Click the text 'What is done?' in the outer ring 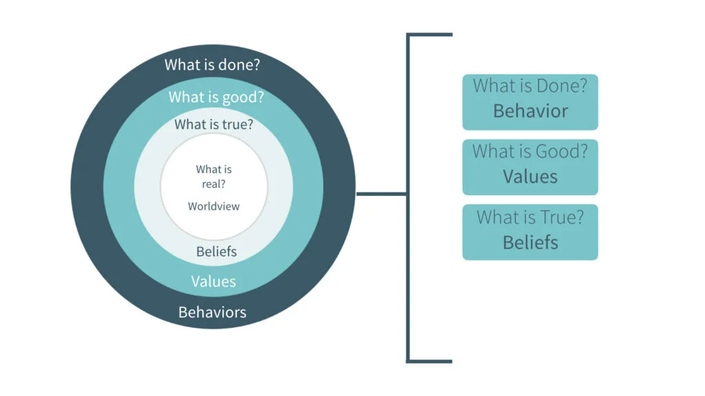tap(216, 65)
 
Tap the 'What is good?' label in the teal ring tap(216, 97)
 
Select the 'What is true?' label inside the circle tap(213, 124)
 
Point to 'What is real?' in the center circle tap(213, 176)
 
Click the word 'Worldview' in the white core tap(213, 206)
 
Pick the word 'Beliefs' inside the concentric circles tap(216, 252)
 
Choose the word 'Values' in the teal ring tap(213, 281)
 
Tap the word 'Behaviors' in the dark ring tap(212, 312)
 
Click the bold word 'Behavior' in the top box tap(530, 111)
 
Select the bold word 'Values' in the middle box tap(530, 177)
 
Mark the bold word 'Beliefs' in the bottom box tap(530, 242)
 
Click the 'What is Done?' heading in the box tap(530, 87)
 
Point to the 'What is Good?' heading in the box tap(530, 151)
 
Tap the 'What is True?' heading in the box tap(530, 217)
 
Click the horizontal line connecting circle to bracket tap(382, 194)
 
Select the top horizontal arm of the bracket tap(431, 34)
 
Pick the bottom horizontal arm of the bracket tap(431, 360)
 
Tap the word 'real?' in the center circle tap(213, 184)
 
